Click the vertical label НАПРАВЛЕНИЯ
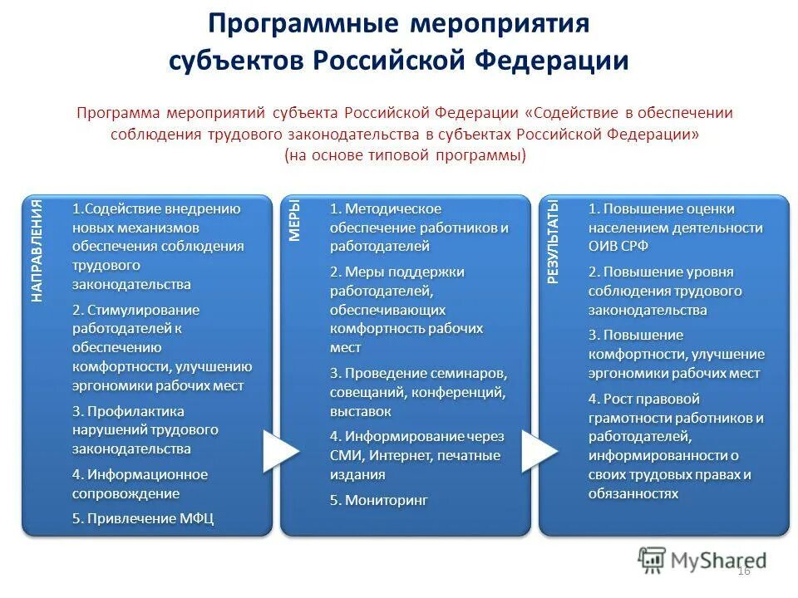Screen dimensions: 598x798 click(37, 250)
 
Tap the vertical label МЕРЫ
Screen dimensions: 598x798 click(294, 220)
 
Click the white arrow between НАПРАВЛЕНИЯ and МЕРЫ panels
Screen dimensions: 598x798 click(280, 452)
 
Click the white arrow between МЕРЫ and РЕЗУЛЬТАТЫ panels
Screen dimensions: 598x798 click(539, 452)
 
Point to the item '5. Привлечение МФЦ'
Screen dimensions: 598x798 click(143, 518)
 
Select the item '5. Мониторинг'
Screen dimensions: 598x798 click(378, 500)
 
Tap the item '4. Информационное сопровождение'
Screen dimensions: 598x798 click(139, 483)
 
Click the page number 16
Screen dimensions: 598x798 click(743, 570)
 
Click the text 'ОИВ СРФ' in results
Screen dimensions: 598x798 click(618, 247)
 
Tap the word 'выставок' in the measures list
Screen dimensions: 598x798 click(360, 411)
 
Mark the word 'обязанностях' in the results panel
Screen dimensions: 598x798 click(633, 493)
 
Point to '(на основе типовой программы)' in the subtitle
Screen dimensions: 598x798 click(405, 155)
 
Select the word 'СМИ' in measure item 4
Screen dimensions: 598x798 click(344, 455)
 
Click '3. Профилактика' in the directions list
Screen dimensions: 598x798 click(128, 411)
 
